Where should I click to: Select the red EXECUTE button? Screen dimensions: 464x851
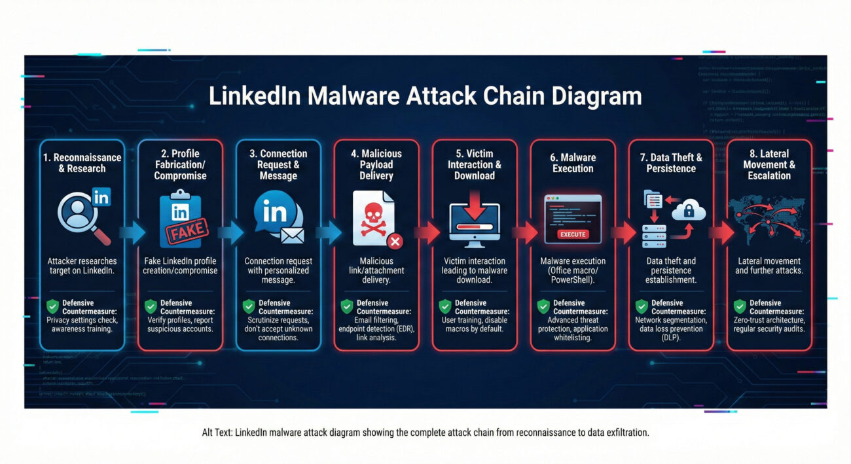click(x=573, y=234)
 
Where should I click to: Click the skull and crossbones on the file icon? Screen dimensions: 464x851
click(x=372, y=217)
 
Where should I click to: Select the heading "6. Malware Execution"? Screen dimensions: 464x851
click(x=573, y=162)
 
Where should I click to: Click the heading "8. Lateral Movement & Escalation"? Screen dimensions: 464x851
click(x=769, y=165)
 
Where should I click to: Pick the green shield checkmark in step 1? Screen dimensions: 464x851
click(x=52, y=306)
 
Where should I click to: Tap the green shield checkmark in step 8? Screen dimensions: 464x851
click(x=740, y=306)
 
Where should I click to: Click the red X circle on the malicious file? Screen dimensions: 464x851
click(x=395, y=241)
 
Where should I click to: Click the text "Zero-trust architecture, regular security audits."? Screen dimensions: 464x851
click(x=769, y=325)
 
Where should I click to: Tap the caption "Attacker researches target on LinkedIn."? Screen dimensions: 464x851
click(x=82, y=266)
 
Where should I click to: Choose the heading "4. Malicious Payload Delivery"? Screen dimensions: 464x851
click(x=376, y=164)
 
